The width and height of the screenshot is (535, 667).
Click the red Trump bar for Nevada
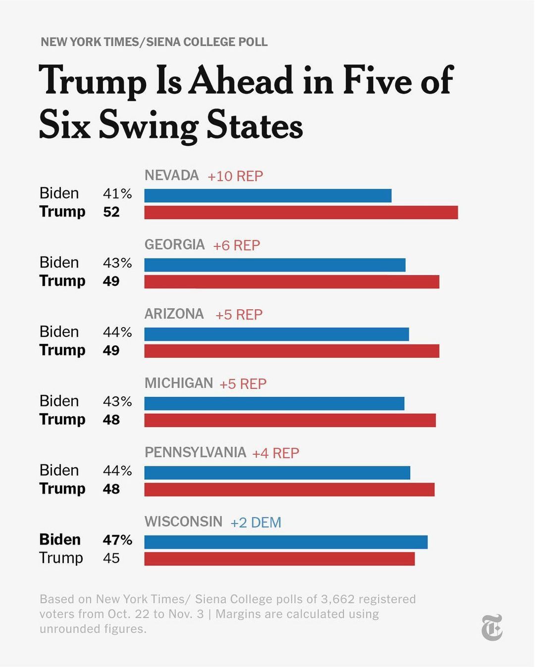click(x=301, y=213)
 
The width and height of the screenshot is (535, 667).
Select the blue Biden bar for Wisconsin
click(x=286, y=542)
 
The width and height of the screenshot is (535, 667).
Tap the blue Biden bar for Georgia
click(x=275, y=265)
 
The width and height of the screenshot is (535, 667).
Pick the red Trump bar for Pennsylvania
click(x=289, y=490)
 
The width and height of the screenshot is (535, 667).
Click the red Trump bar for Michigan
click(x=290, y=420)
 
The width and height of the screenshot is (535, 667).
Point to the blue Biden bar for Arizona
click(x=276, y=334)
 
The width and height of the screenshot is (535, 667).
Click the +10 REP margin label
click(x=235, y=176)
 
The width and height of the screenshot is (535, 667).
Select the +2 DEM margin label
click(x=256, y=523)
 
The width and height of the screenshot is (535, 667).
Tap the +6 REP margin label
click(x=236, y=246)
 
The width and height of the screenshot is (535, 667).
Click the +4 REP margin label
click(x=275, y=453)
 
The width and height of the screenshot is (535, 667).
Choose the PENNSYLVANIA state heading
click(x=195, y=452)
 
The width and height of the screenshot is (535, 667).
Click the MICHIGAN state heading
click(x=178, y=383)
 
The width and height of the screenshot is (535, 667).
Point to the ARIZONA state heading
click(x=174, y=314)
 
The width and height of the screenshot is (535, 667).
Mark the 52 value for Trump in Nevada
click(x=111, y=212)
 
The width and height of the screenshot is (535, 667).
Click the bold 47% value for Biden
click(x=117, y=540)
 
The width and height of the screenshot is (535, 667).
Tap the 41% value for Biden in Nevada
click(x=117, y=194)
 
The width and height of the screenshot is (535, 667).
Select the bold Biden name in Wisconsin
click(x=60, y=540)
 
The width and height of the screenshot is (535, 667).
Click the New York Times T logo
click(x=492, y=627)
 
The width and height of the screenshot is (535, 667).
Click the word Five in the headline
click(x=377, y=80)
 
